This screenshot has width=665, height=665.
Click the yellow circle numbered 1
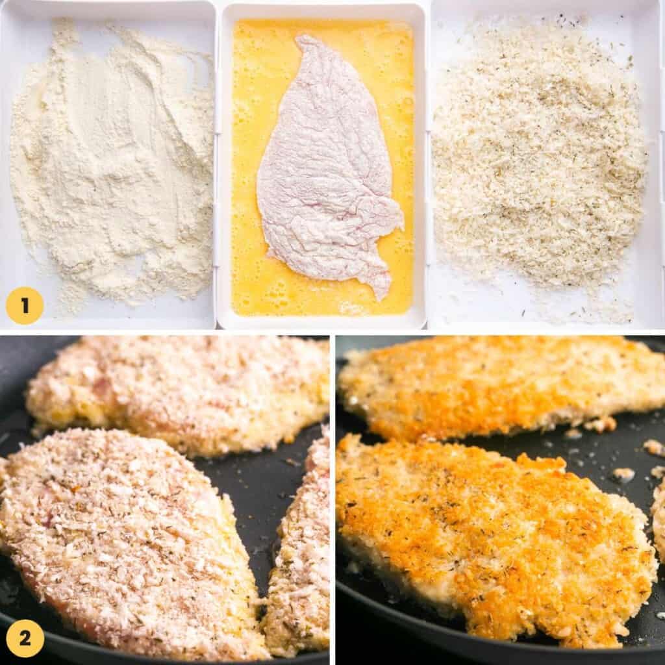coord(25,306)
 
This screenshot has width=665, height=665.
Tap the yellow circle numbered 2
coord(25,638)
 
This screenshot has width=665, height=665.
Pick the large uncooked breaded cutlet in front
coord(123,539)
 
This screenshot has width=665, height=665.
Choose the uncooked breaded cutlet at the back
coord(182,390)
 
